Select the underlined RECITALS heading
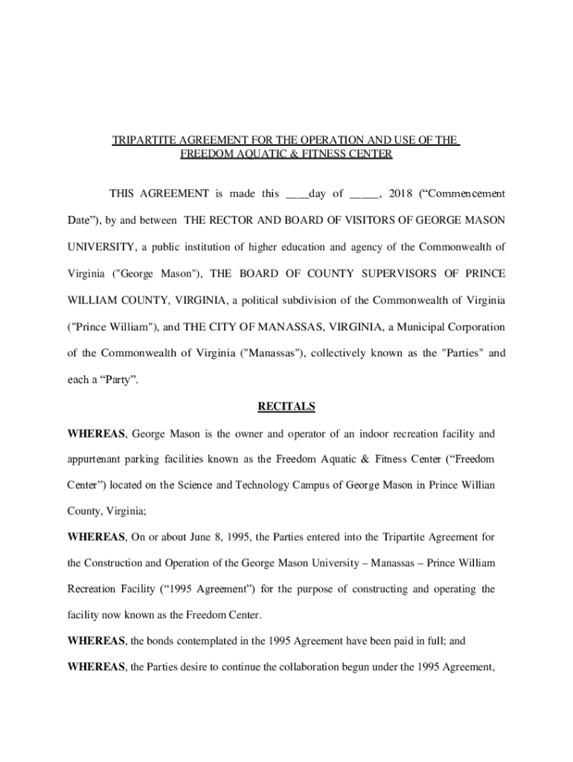(286, 406)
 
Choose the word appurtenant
(97, 459)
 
